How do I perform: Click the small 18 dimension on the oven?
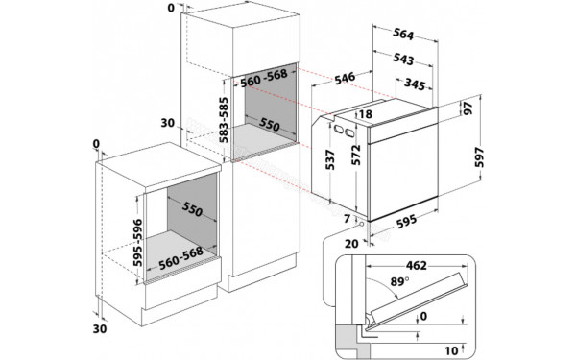366,114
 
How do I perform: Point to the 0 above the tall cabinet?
171,7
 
